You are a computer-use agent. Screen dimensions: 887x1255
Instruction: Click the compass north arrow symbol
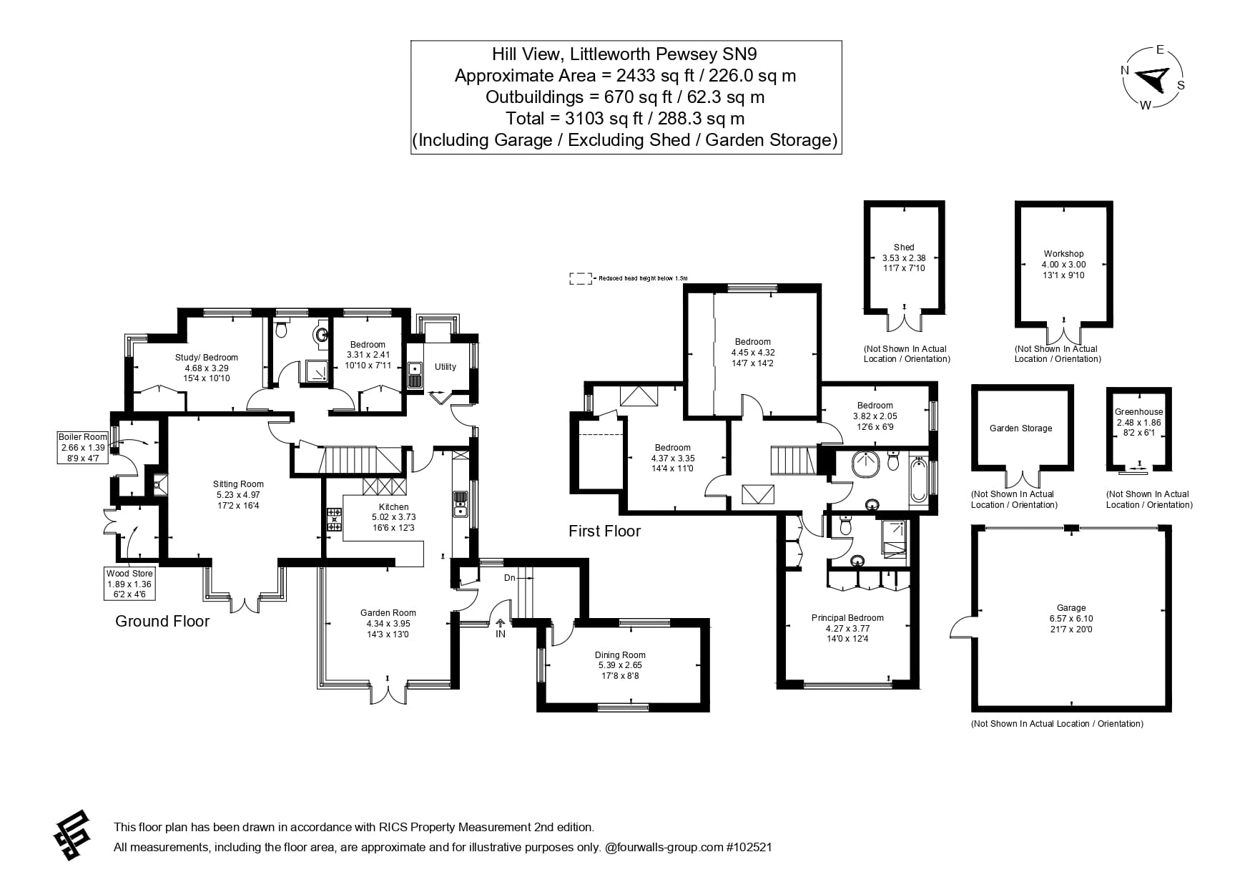click(1153, 77)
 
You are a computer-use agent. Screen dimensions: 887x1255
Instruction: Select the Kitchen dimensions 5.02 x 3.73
click(393, 517)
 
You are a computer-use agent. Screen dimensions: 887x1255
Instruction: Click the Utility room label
click(445, 367)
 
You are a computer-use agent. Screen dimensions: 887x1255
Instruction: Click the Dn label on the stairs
click(509, 577)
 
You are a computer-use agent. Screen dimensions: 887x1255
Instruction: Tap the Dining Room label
click(620, 655)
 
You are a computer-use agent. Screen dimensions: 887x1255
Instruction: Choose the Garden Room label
click(388, 613)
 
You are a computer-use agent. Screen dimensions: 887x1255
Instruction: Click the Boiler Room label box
click(83, 447)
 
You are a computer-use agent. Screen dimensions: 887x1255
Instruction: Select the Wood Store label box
click(129, 584)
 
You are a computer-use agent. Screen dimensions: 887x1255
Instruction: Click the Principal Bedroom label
click(847, 618)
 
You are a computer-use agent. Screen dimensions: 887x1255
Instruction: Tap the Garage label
click(1071, 608)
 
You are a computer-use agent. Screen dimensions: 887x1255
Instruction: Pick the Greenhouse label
click(1138, 412)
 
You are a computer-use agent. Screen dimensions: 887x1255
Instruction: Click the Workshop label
click(1063, 254)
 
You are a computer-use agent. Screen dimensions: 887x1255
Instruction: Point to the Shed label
click(904, 248)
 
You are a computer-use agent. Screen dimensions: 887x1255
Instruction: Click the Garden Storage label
click(1020, 428)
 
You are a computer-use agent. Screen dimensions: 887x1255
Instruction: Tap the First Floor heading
click(604, 531)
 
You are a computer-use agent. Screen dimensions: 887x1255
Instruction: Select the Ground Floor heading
click(162, 621)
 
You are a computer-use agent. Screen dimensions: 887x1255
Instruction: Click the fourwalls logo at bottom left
click(72, 835)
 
